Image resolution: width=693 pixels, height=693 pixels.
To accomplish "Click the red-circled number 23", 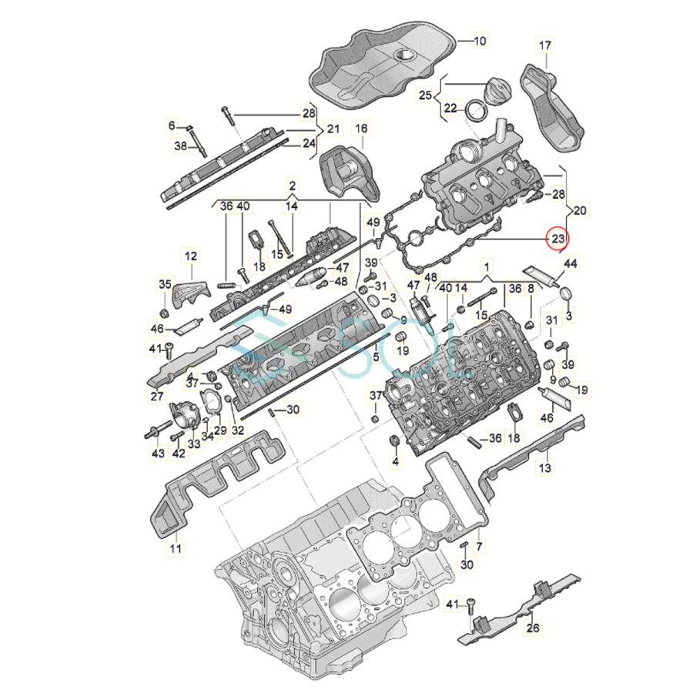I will point(557,239).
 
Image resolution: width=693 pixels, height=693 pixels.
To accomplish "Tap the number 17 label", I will point(544,46).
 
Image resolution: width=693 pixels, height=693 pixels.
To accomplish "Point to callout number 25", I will point(426,95).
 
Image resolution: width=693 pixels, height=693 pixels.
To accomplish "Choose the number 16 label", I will point(361,128).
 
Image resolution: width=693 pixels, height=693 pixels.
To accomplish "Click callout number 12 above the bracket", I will point(190,255).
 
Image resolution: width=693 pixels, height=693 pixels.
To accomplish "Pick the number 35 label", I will point(164,284).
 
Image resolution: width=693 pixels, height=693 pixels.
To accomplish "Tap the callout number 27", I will point(157,397).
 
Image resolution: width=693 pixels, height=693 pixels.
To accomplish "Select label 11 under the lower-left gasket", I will point(176,548).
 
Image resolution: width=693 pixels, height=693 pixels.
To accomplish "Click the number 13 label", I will point(544,467).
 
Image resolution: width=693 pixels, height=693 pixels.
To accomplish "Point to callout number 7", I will point(479,547).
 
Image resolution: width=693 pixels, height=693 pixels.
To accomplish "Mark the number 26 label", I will point(533,628).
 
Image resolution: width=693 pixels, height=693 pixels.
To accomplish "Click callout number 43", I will point(158,454).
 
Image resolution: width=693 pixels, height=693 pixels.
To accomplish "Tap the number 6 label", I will point(172,125).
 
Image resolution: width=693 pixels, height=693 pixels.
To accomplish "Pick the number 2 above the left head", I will point(293,186).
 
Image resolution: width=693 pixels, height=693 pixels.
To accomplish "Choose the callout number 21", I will point(333,128).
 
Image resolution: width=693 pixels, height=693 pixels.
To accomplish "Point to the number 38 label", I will point(180,146).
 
